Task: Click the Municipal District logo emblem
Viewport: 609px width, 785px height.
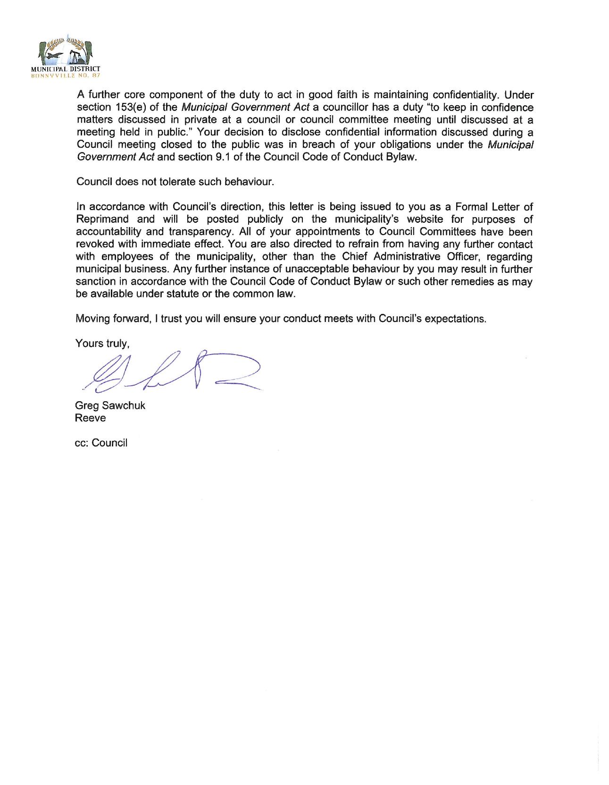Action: pos(69,51)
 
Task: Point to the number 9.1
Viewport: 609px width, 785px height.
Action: pos(219,157)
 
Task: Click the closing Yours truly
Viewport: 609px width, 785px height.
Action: pos(102,343)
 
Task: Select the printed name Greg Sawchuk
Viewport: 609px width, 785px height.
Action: pos(110,405)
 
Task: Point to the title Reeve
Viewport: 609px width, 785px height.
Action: pos(91,418)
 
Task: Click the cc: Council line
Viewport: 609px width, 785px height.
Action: pos(101,443)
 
